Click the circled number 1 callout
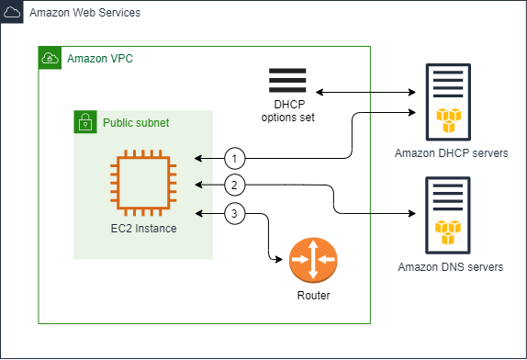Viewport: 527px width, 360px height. (x=236, y=158)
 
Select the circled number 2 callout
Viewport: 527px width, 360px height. (x=236, y=186)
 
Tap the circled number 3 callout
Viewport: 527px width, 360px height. (x=236, y=215)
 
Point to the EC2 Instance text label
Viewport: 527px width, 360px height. (x=142, y=228)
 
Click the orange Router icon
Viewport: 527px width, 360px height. (x=313, y=261)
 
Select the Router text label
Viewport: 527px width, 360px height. (x=313, y=296)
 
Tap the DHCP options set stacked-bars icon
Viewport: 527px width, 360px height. (x=287, y=80)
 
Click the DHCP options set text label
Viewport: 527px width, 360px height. (x=287, y=110)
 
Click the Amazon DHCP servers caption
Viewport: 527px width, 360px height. (x=450, y=152)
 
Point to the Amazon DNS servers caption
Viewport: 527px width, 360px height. (x=450, y=267)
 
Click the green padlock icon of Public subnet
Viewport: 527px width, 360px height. (x=85, y=121)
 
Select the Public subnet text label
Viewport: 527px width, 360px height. (x=135, y=122)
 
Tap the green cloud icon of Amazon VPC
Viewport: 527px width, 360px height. (x=50, y=58)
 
